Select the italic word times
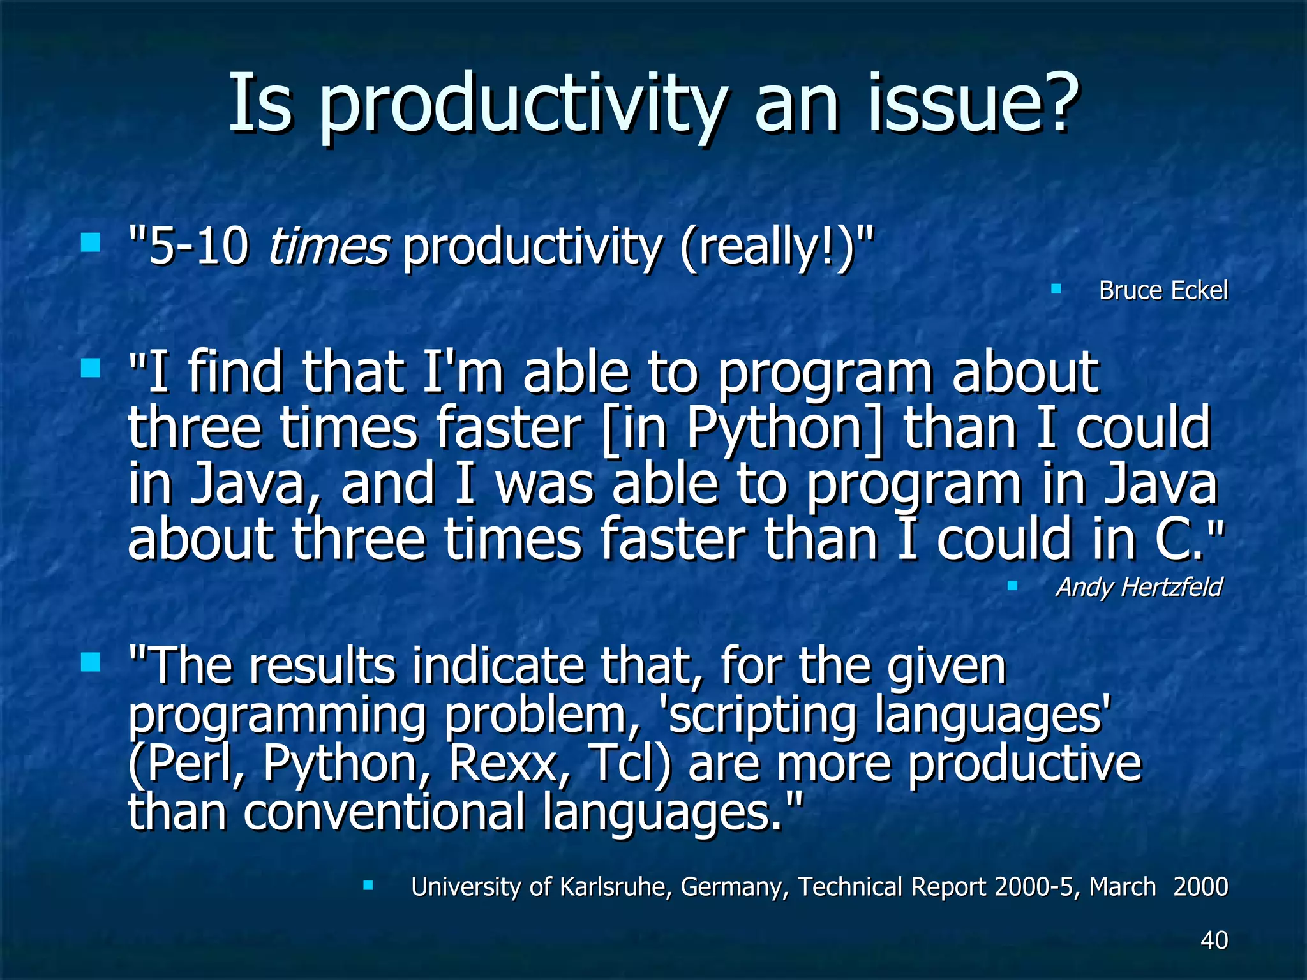click(x=328, y=247)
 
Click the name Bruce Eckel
click(x=1163, y=291)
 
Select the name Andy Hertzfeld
click(x=1139, y=587)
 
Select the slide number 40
click(x=1214, y=940)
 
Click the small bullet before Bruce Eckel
click(x=1056, y=289)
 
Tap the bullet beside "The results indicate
click(x=91, y=662)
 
